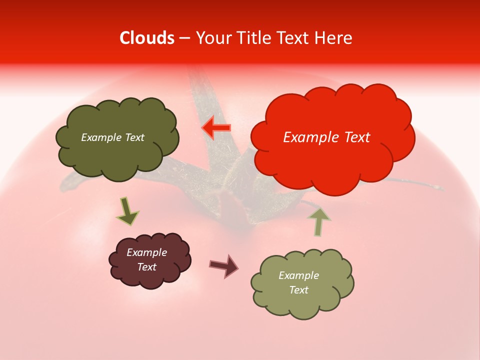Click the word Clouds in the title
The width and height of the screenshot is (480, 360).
147,38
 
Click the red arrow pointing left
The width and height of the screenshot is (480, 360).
216,128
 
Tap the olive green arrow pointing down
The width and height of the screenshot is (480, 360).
127,211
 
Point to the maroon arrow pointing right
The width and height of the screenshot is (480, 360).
223,265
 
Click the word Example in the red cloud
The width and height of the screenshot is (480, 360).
309,137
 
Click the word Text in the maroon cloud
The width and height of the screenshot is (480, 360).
147,267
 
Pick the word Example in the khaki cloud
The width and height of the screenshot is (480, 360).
298,275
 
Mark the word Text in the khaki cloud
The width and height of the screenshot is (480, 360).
298,290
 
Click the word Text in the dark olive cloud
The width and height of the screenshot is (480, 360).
133,137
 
